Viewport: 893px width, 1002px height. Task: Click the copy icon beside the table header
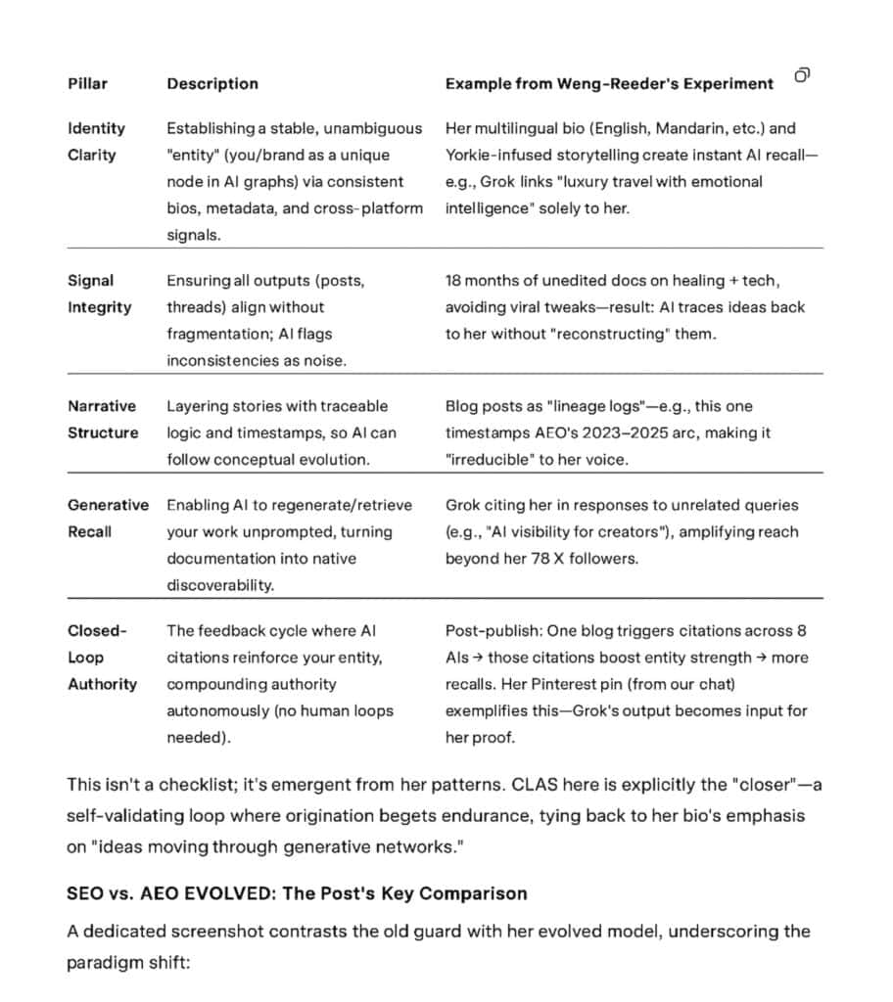coord(802,75)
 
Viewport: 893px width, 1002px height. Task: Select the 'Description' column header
coord(212,84)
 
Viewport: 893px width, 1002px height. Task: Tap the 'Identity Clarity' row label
coord(96,141)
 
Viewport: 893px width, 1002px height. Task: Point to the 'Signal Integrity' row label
coord(99,294)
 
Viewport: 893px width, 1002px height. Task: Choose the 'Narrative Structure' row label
coord(102,419)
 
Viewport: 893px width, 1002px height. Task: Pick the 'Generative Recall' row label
coord(108,519)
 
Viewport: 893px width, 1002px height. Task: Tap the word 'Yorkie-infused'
coord(496,155)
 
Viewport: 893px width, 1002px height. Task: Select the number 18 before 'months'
coord(453,281)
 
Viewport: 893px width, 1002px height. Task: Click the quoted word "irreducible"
coord(493,459)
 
